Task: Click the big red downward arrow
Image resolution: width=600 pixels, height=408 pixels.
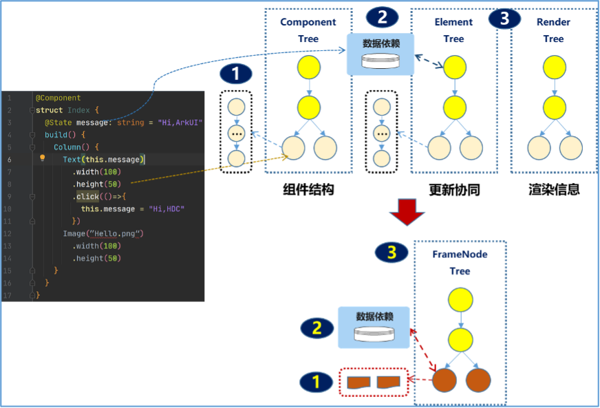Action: [x=407, y=212]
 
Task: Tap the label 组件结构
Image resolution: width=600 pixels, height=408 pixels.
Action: [x=308, y=189]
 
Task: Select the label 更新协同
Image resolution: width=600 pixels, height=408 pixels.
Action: [x=454, y=189]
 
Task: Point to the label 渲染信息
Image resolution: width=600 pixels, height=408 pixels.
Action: [x=554, y=189]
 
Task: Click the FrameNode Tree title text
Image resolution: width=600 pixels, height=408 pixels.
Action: [x=460, y=263]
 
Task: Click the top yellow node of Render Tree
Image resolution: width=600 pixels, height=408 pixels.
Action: [x=554, y=67]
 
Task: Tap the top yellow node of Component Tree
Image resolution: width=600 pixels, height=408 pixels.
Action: [x=309, y=67]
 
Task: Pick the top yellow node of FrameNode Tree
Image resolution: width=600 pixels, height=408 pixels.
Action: [x=460, y=300]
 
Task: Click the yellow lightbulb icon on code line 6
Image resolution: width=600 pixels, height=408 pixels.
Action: [x=43, y=158]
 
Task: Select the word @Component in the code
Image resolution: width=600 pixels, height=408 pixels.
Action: [x=58, y=98]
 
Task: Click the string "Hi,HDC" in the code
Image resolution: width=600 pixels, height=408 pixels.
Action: [x=167, y=209]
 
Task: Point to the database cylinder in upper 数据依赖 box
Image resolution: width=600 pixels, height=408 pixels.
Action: [x=381, y=61]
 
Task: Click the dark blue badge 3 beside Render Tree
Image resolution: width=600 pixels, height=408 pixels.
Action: [x=504, y=18]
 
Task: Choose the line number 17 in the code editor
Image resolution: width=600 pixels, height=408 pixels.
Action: [x=8, y=295]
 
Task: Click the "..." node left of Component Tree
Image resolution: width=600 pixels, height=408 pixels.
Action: [x=237, y=134]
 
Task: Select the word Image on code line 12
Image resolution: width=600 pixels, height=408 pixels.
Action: [x=74, y=234]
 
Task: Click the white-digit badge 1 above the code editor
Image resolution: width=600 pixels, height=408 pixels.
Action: [x=236, y=74]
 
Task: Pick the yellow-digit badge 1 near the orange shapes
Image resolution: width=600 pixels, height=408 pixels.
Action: [x=316, y=382]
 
